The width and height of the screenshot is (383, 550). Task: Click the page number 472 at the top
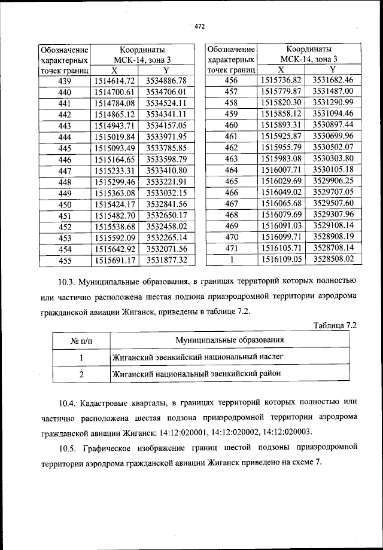pyautogui.click(x=200, y=26)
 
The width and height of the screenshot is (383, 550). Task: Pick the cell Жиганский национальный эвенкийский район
pyautogui.click(x=195, y=374)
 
